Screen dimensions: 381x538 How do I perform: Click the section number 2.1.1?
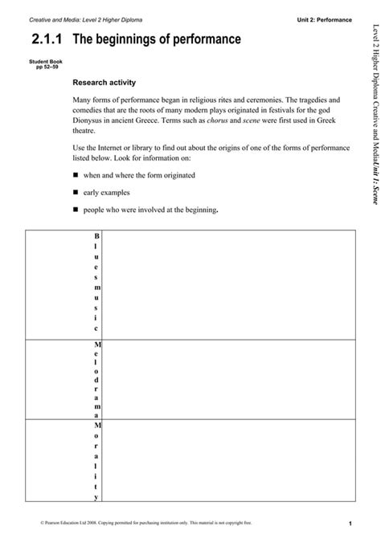coord(48,39)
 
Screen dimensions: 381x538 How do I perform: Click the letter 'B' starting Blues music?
coord(96,237)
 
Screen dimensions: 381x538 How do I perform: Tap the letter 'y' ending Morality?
coord(96,487)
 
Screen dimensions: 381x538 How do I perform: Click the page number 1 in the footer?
coord(351,524)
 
